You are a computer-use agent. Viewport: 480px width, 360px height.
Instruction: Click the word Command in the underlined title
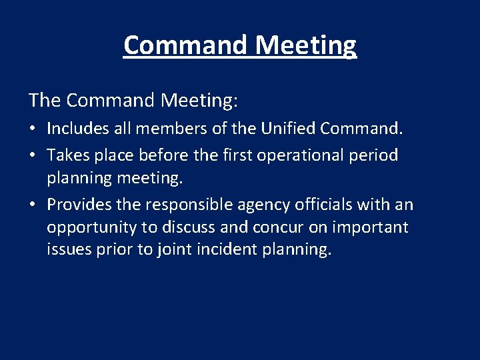(186, 45)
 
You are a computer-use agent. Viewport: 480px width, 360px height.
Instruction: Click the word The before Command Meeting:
(45, 101)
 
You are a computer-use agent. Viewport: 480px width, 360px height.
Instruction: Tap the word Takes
(67, 155)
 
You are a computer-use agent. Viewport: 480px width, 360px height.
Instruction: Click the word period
(375, 156)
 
